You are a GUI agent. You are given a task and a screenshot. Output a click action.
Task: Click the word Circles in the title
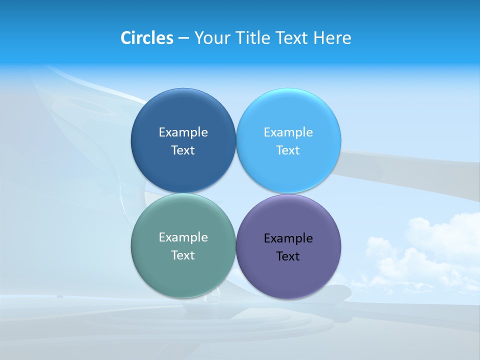[147, 38]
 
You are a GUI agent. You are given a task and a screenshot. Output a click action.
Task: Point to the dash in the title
[183, 38]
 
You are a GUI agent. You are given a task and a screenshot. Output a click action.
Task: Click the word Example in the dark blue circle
[183, 132]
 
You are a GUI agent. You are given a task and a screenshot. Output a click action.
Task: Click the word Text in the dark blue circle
[183, 150]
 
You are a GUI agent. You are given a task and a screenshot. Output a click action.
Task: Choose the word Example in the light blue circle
[288, 132]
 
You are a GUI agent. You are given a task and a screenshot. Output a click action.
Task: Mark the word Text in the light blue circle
[288, 150]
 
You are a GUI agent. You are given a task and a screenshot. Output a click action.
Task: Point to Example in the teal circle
[183, 237]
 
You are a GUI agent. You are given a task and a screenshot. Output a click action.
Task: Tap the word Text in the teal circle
[183, 255]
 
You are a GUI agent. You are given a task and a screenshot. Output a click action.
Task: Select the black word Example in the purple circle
[288, 238]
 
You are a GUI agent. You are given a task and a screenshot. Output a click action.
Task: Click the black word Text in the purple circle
[288, 256]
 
